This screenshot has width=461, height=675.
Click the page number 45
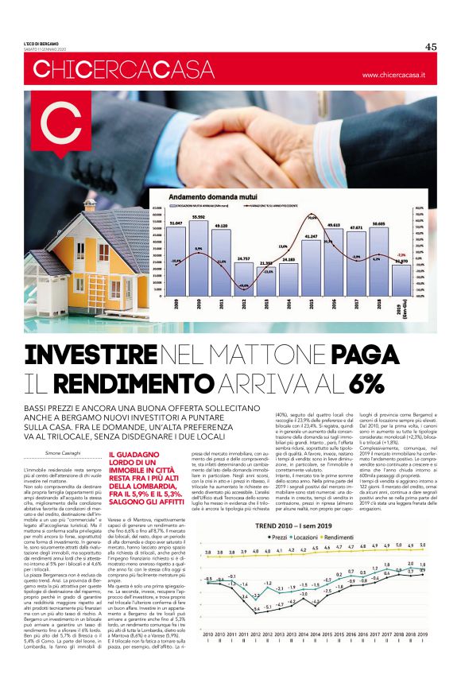431,46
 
